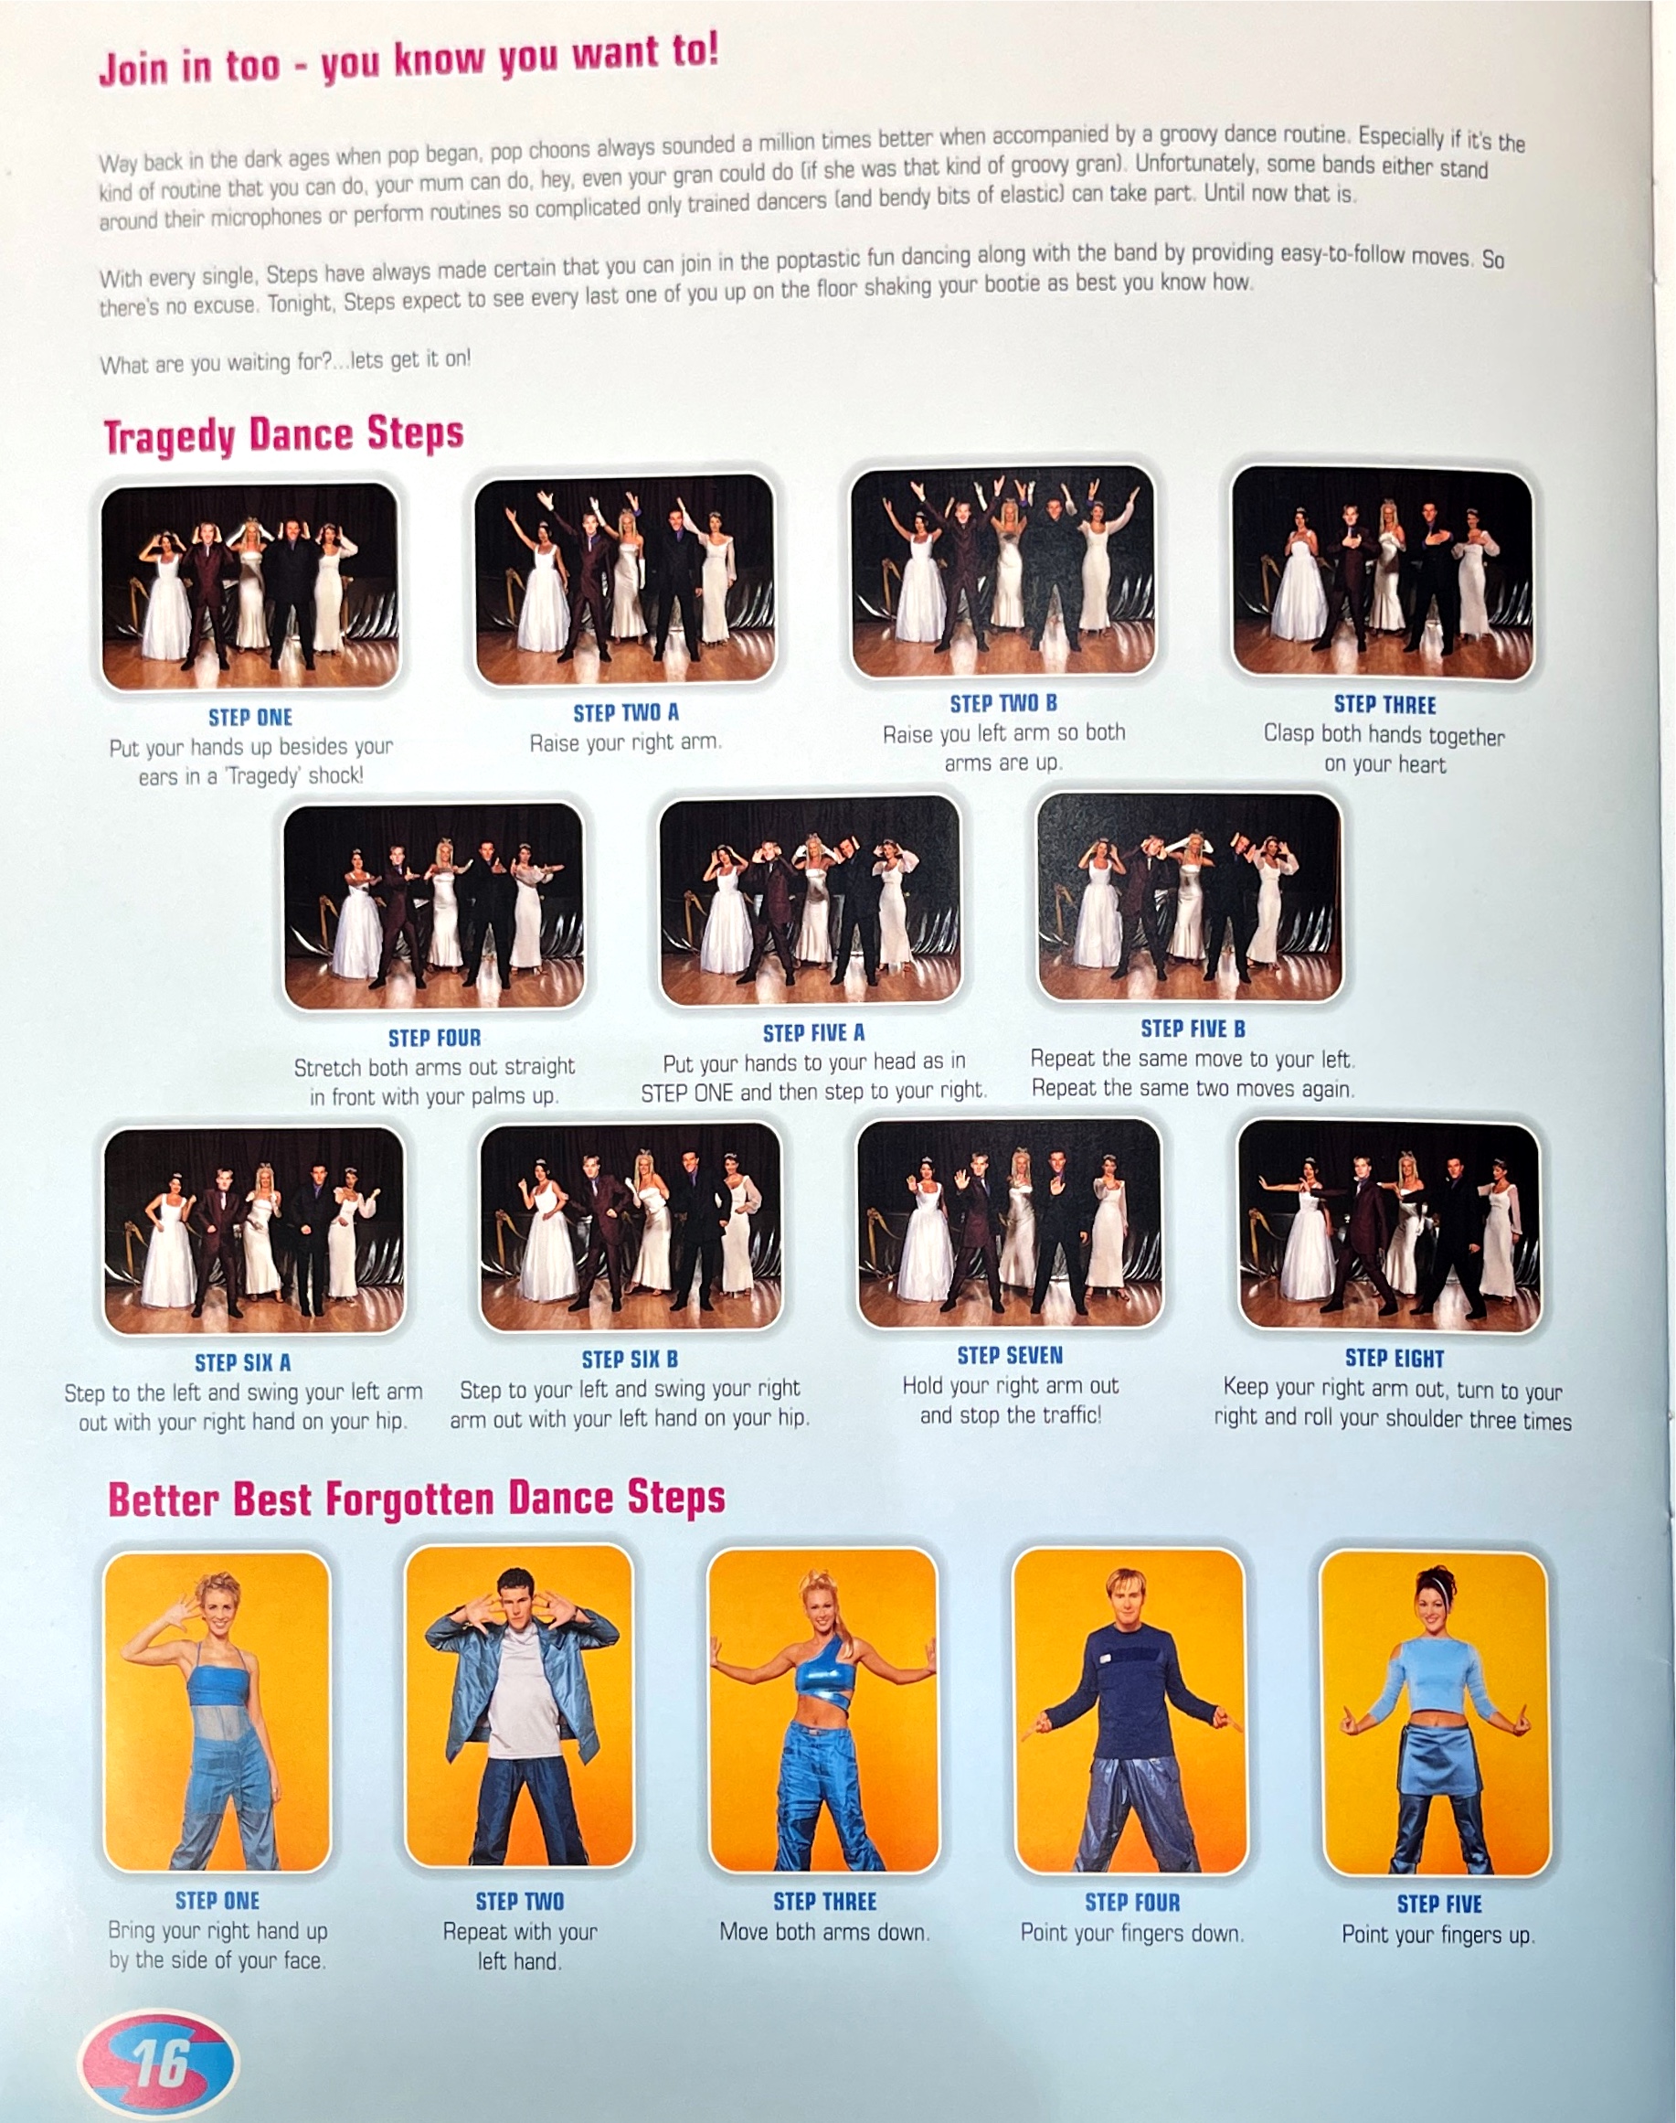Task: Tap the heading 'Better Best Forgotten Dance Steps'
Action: click(416, 1499)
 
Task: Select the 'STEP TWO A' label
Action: click(626, 712)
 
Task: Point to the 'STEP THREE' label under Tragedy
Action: click(1384, 705)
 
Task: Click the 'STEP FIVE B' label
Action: click(1193, 1029)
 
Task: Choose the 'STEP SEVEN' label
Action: click(1010, 1356)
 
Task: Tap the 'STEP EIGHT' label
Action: click(1395, 1359)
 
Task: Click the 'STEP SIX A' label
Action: click(242, 1362)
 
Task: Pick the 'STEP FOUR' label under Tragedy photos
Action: click(435, 1038)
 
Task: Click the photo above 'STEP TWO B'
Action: click(1002, 572)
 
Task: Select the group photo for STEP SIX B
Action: click(630, 1226)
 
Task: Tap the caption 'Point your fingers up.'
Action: click(1437, 1935)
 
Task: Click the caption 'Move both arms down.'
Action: click(824, 1932)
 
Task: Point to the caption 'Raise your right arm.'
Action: click(626, 743)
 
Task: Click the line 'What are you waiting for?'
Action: click(284, 362)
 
